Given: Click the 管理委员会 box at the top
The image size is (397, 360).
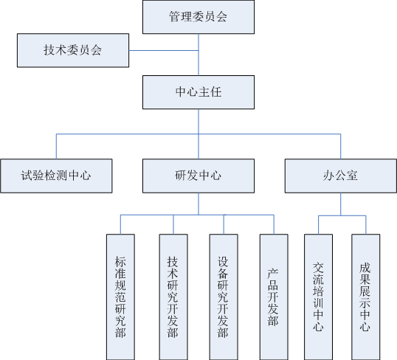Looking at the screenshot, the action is pyautogui.click(x=198, y=17).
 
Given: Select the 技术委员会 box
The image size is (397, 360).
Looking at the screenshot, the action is pyautogui.click(x=73, y=50).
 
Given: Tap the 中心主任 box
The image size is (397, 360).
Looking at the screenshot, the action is pyautogui.click(x=198, y=92).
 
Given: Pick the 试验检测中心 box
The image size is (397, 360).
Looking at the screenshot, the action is pyautogui.click(x=56, y=176).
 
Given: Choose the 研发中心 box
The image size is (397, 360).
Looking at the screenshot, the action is pyautogui.click(x=198, y=176).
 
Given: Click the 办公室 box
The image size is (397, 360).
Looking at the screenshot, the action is pyautogui.click(x=340, y=176).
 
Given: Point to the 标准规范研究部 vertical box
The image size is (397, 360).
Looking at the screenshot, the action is pyautogui.click(x=120, y=297).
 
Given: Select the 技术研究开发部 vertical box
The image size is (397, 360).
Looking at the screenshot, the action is pyautogui.click(x=173, y=297).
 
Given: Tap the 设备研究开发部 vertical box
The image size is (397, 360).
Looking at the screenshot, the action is pyautogui.click(x=224, y=297).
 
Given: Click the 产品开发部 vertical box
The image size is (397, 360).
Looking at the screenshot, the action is pyautogui.click(x=274, y=297).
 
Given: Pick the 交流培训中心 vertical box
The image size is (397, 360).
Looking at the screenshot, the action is pyautogui.click(x=318, y=297).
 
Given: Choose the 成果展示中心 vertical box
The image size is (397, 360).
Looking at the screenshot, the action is pyautogui.click(x=366, y=297).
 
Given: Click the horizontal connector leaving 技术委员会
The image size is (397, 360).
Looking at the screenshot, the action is pyautogui.click(x=164, y=50).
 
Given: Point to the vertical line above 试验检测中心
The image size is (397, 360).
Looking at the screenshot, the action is pyautogui.click(x=56, y=146).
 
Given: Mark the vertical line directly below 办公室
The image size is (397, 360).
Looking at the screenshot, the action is pyautogui.click(x=340, y=204).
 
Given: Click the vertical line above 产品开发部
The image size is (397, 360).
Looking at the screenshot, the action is pyautogui.click(x=274, y=224).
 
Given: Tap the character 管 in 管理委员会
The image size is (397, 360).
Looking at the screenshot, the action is pyautogui.click(x=175, y=17).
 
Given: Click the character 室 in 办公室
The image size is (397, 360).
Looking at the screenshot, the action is pyautogui.click(x=352, y=176).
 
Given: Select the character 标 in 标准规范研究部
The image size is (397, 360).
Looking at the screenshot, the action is pyautogui.click(x=120, y=262).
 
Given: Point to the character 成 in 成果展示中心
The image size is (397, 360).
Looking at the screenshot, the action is pyautogui.click(x=365, y=268).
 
